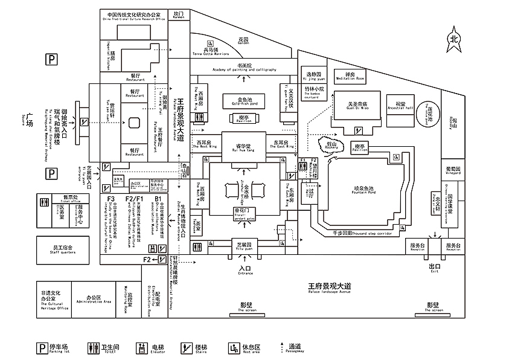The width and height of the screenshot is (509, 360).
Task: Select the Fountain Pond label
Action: coord(364,190)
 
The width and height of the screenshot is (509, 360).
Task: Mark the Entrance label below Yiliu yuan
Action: coord(245,271)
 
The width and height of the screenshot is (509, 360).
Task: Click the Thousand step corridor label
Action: coord(365,233)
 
